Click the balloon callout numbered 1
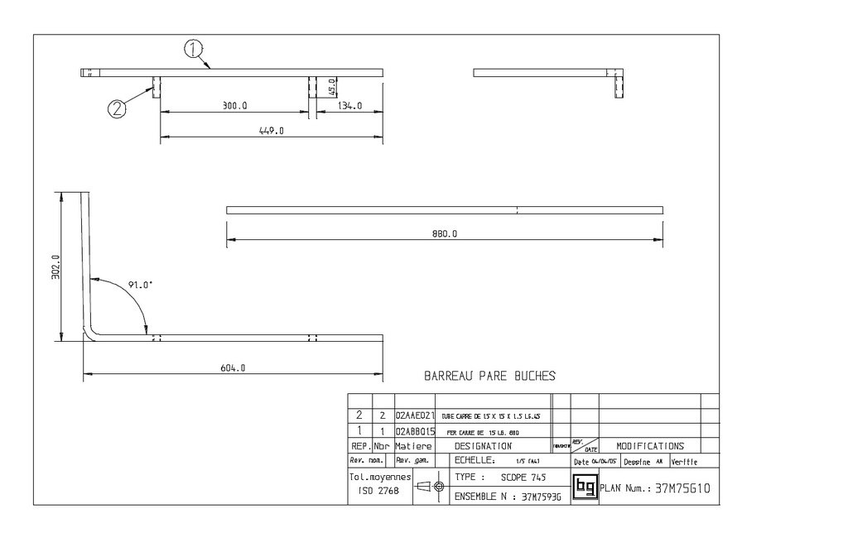193,50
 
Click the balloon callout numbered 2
118,108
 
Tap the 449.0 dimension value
272,131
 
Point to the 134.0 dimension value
349,106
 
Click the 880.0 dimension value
445,234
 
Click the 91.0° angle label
141,286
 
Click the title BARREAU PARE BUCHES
489,376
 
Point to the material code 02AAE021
416,415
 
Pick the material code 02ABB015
416,431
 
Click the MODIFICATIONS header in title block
650,446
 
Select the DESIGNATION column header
483,446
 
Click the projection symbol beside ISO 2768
430,487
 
